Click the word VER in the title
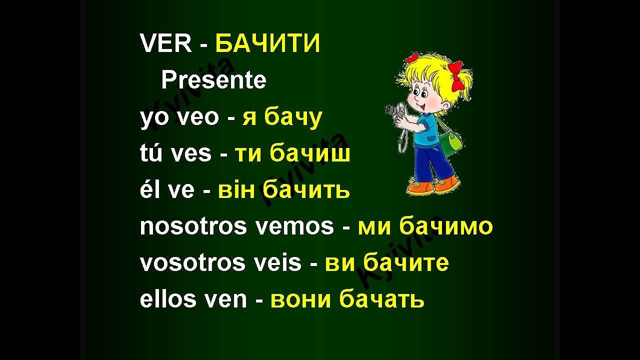(166, 44)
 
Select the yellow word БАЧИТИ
(267, 44)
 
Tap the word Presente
(213, 80)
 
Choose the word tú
(151, 153)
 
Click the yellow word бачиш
(310, 153)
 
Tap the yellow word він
(237, 190)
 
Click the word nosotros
(193, 226)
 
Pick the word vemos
(294, 226)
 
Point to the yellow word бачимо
(446, 226)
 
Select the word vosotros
(192, 263)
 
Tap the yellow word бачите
(406, 263)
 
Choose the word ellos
(168, 299)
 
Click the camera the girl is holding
(396, 111)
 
